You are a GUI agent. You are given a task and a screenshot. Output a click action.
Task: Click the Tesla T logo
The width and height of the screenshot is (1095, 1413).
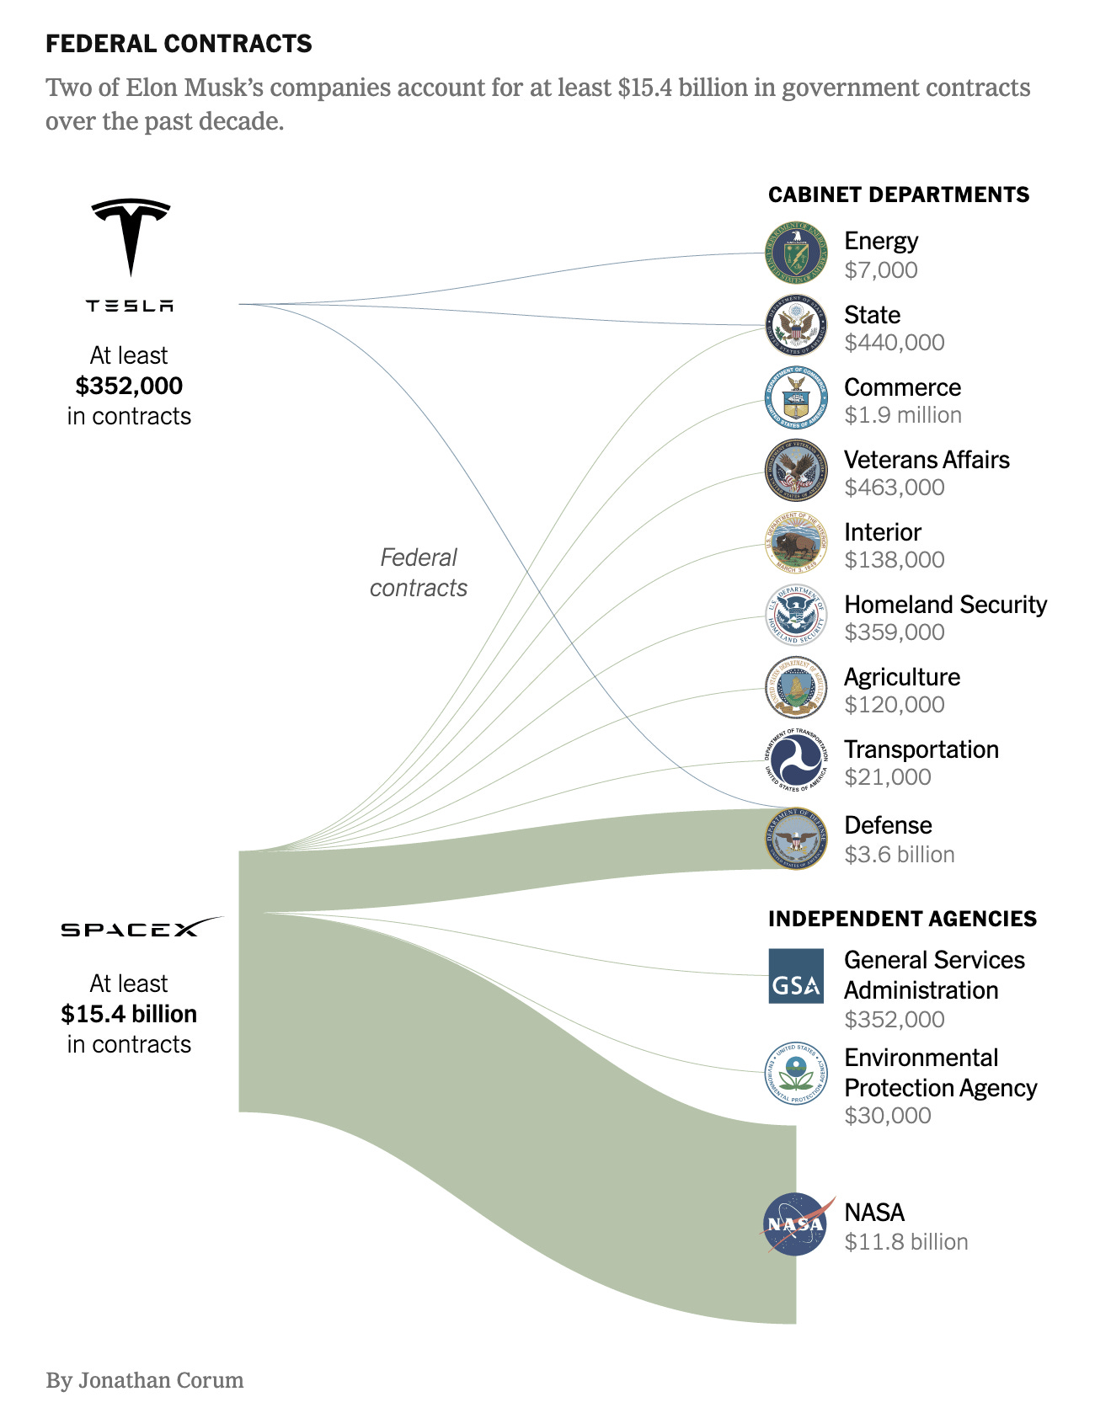pyautogui.click(x=131, y=237)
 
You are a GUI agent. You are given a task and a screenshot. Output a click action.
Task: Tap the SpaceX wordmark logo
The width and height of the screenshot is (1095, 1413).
pyautogui.click(x=142, y=928)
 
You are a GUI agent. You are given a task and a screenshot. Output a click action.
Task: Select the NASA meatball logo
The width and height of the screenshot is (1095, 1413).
pyautogui.click(x=796, y=1224)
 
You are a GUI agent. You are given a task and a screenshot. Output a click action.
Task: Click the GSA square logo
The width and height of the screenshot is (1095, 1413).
pyautogui.click(x=796, y=977)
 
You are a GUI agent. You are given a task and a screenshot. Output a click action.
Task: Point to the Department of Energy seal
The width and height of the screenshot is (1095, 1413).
pyautogui.click(x=796, y=253)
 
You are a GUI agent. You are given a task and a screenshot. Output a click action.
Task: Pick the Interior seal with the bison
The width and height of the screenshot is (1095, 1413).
pyautogui.click(x=796, y=544)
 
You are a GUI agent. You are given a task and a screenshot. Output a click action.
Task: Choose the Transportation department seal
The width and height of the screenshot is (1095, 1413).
pyautogui.click(x=796, y=761)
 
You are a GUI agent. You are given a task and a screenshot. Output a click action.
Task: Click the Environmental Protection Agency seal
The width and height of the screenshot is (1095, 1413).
pyautogui.click(x=796, y=1073)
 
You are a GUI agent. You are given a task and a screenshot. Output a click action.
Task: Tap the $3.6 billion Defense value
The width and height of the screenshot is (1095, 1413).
pyautogui.click(x=900, y=855)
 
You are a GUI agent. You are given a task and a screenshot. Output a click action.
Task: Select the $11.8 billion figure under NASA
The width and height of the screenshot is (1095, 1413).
pyautogui.click(x=906, y=1242)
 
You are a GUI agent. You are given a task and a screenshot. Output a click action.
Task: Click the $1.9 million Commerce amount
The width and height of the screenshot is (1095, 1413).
pyautogui.click(x=903, y=415)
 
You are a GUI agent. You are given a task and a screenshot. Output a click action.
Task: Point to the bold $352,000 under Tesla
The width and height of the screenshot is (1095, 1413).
pyautogui.click(x=129, y=386)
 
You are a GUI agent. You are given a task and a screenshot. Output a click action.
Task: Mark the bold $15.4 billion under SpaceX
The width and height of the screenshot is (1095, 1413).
pyautogui.click(x=129, y=1014)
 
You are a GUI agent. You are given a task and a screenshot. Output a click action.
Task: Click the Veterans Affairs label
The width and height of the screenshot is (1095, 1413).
pyautogui.click(x=927, y=460)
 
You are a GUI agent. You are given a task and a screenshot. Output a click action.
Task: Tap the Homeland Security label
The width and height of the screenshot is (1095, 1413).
pyautogui.click(x=945, y=605)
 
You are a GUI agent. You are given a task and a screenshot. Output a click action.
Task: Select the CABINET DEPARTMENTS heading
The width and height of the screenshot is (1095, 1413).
pyautogui.click(x=899, y=195)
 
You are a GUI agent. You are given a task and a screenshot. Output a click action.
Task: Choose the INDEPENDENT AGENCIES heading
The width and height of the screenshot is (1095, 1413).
pyautogui.click(x=902, y=919)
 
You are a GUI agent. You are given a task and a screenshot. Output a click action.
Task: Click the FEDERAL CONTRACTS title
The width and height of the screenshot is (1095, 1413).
pyautogui.click(x=179, y=44)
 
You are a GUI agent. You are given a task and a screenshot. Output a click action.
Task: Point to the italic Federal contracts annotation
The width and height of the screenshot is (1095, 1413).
pyautogui.click(x=419, y=573)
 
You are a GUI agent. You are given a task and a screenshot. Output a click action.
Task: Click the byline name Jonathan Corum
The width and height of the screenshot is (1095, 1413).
pyautogui.click(x=161, y=1381)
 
